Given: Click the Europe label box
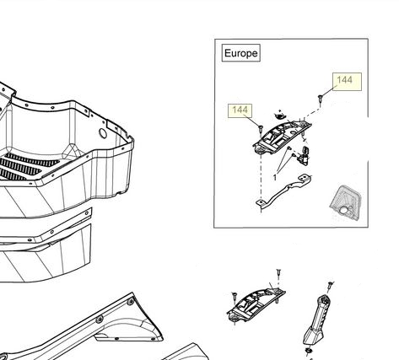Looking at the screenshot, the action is [x=241, y=53].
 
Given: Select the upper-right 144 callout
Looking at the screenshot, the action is [x=347, y=82].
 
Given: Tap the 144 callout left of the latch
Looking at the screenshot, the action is [x=240, y=110].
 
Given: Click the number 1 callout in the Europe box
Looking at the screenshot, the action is [x=275, y=178].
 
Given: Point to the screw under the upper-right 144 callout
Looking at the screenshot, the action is [x=321, y=99].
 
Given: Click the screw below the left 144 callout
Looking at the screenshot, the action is [x=260, y=129].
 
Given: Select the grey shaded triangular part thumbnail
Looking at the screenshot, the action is [x=345, y=203].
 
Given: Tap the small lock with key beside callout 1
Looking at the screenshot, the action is [x=304, y=156].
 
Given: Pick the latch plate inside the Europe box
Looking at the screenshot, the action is [x=281, y=137].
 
